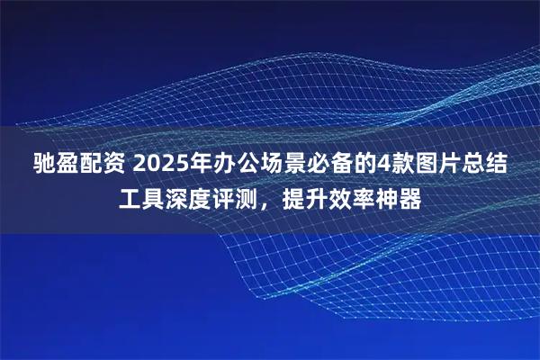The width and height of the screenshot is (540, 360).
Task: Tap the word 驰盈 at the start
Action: (x=58, y=166)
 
